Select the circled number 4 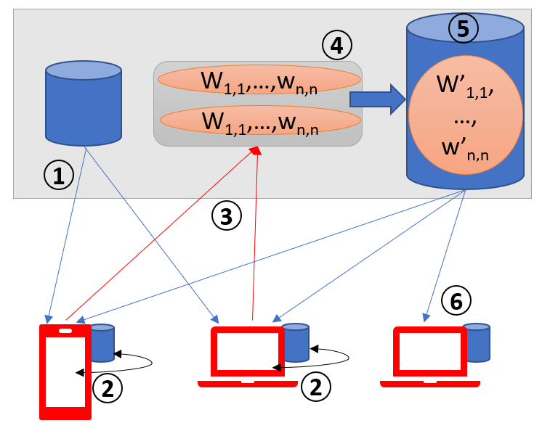tap(336, 46)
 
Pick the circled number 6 tap(456, 299)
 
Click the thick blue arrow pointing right tap(377, 99)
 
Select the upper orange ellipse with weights tap(259, 80)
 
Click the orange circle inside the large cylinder tap(465, 114)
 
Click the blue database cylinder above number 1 tap(83, 103)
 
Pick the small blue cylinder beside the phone tap(102, 342)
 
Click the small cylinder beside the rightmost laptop tap(477, 342)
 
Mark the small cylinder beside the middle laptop tap(296, 342)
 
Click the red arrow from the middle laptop tap(254, 232)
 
